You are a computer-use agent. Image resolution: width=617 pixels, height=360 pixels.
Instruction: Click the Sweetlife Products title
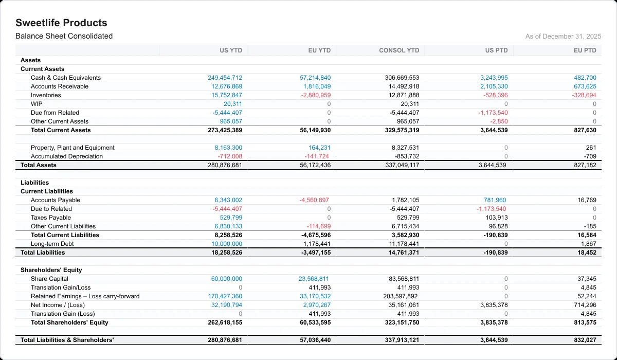coord(61,23)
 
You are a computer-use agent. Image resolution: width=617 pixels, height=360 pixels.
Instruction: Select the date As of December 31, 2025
coord(563,37)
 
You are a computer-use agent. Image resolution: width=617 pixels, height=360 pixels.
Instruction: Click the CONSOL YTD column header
coord(399,50)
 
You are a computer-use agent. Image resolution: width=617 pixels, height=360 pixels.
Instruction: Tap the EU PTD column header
coord(585,50)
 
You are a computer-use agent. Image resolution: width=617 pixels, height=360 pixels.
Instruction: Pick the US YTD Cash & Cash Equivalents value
coord(225,78)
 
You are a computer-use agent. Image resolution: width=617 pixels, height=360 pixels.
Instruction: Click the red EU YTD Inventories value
coord(316,95)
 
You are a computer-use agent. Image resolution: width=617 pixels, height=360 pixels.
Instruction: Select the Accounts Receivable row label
coord(60,86)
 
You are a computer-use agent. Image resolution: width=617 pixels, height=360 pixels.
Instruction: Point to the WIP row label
coord(37,104)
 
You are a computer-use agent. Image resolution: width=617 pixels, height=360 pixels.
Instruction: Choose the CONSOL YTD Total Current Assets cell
coord(402,130)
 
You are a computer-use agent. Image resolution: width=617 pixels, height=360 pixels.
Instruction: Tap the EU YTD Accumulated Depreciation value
coord(317,156)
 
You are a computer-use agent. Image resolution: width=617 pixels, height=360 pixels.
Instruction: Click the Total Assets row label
coord(38,165)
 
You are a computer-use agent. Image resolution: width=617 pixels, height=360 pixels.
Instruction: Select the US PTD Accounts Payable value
coord(495,200)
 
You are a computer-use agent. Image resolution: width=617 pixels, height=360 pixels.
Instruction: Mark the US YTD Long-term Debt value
coord(227,244)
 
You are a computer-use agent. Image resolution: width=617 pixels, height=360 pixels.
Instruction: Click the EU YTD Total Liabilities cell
coord(316,253)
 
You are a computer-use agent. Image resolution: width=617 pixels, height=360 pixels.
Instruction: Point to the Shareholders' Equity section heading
coord(51,270)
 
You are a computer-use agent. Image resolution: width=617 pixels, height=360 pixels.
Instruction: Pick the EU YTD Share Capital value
coord(314,279)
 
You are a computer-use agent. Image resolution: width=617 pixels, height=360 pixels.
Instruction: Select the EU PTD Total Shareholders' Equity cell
coord(585,322)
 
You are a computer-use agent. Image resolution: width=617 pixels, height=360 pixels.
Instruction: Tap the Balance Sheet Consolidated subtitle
coord(64,36)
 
